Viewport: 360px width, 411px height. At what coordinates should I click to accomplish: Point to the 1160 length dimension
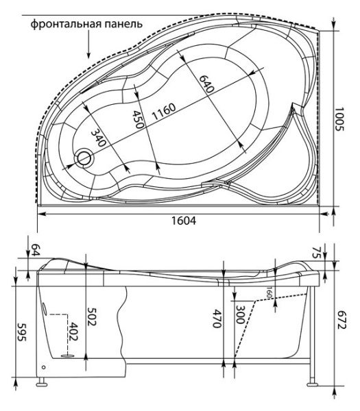[x=164, y=112]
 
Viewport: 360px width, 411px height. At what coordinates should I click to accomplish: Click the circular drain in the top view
[x=84, y=158]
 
